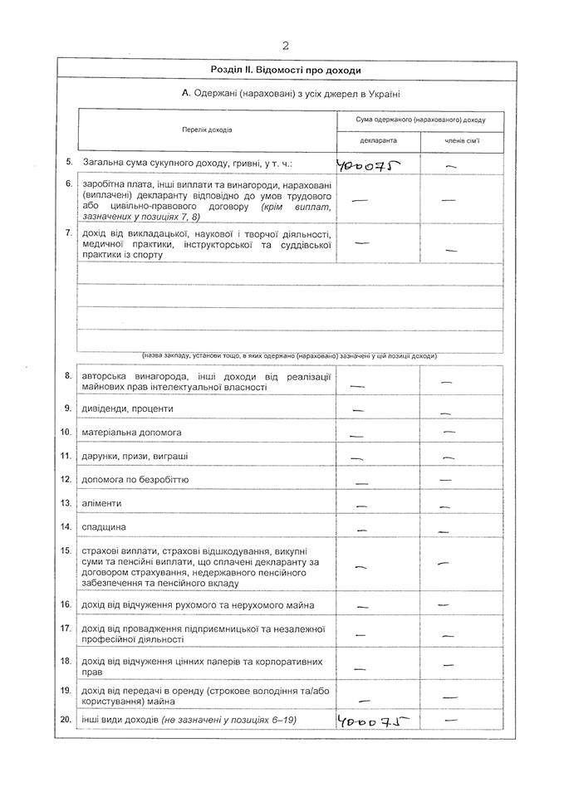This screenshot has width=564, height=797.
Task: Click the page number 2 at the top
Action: pos(285,46)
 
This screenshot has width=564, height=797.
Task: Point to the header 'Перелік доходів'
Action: pos(208,130)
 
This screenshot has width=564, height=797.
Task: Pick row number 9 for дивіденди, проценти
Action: pos(66,408)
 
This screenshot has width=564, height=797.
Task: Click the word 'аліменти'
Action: pos(101,503)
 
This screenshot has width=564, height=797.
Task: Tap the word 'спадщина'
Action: pos(104,527)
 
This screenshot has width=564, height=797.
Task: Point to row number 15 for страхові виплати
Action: pos(66,550)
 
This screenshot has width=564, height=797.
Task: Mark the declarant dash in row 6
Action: pos(360,200)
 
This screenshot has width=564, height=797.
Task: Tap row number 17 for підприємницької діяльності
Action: pos(66,628)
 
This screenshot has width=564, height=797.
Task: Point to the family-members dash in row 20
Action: pos(453,719)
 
